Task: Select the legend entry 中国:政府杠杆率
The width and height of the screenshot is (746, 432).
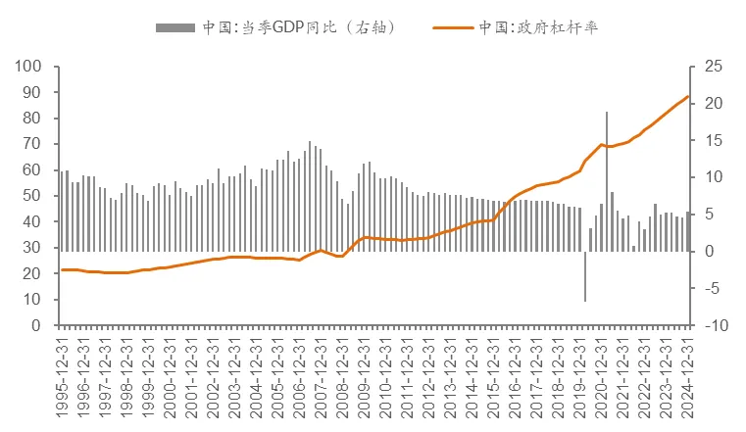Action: tap(538, 28)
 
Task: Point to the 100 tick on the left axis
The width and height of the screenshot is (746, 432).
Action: tap(29, 67)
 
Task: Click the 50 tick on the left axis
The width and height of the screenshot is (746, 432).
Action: tap(33, 196)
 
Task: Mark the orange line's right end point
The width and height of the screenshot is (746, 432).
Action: tap(689, 96)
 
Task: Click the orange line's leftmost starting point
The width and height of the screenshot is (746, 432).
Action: tap(61, 269)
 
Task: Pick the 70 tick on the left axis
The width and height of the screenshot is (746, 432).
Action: tap(33, 144)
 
